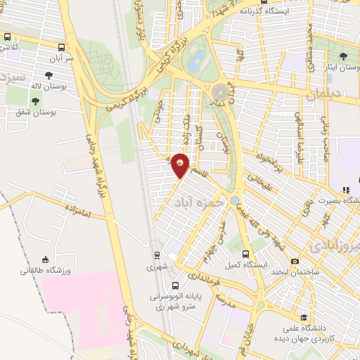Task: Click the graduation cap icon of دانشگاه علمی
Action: [303, 318]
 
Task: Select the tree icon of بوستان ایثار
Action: [342, 56]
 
